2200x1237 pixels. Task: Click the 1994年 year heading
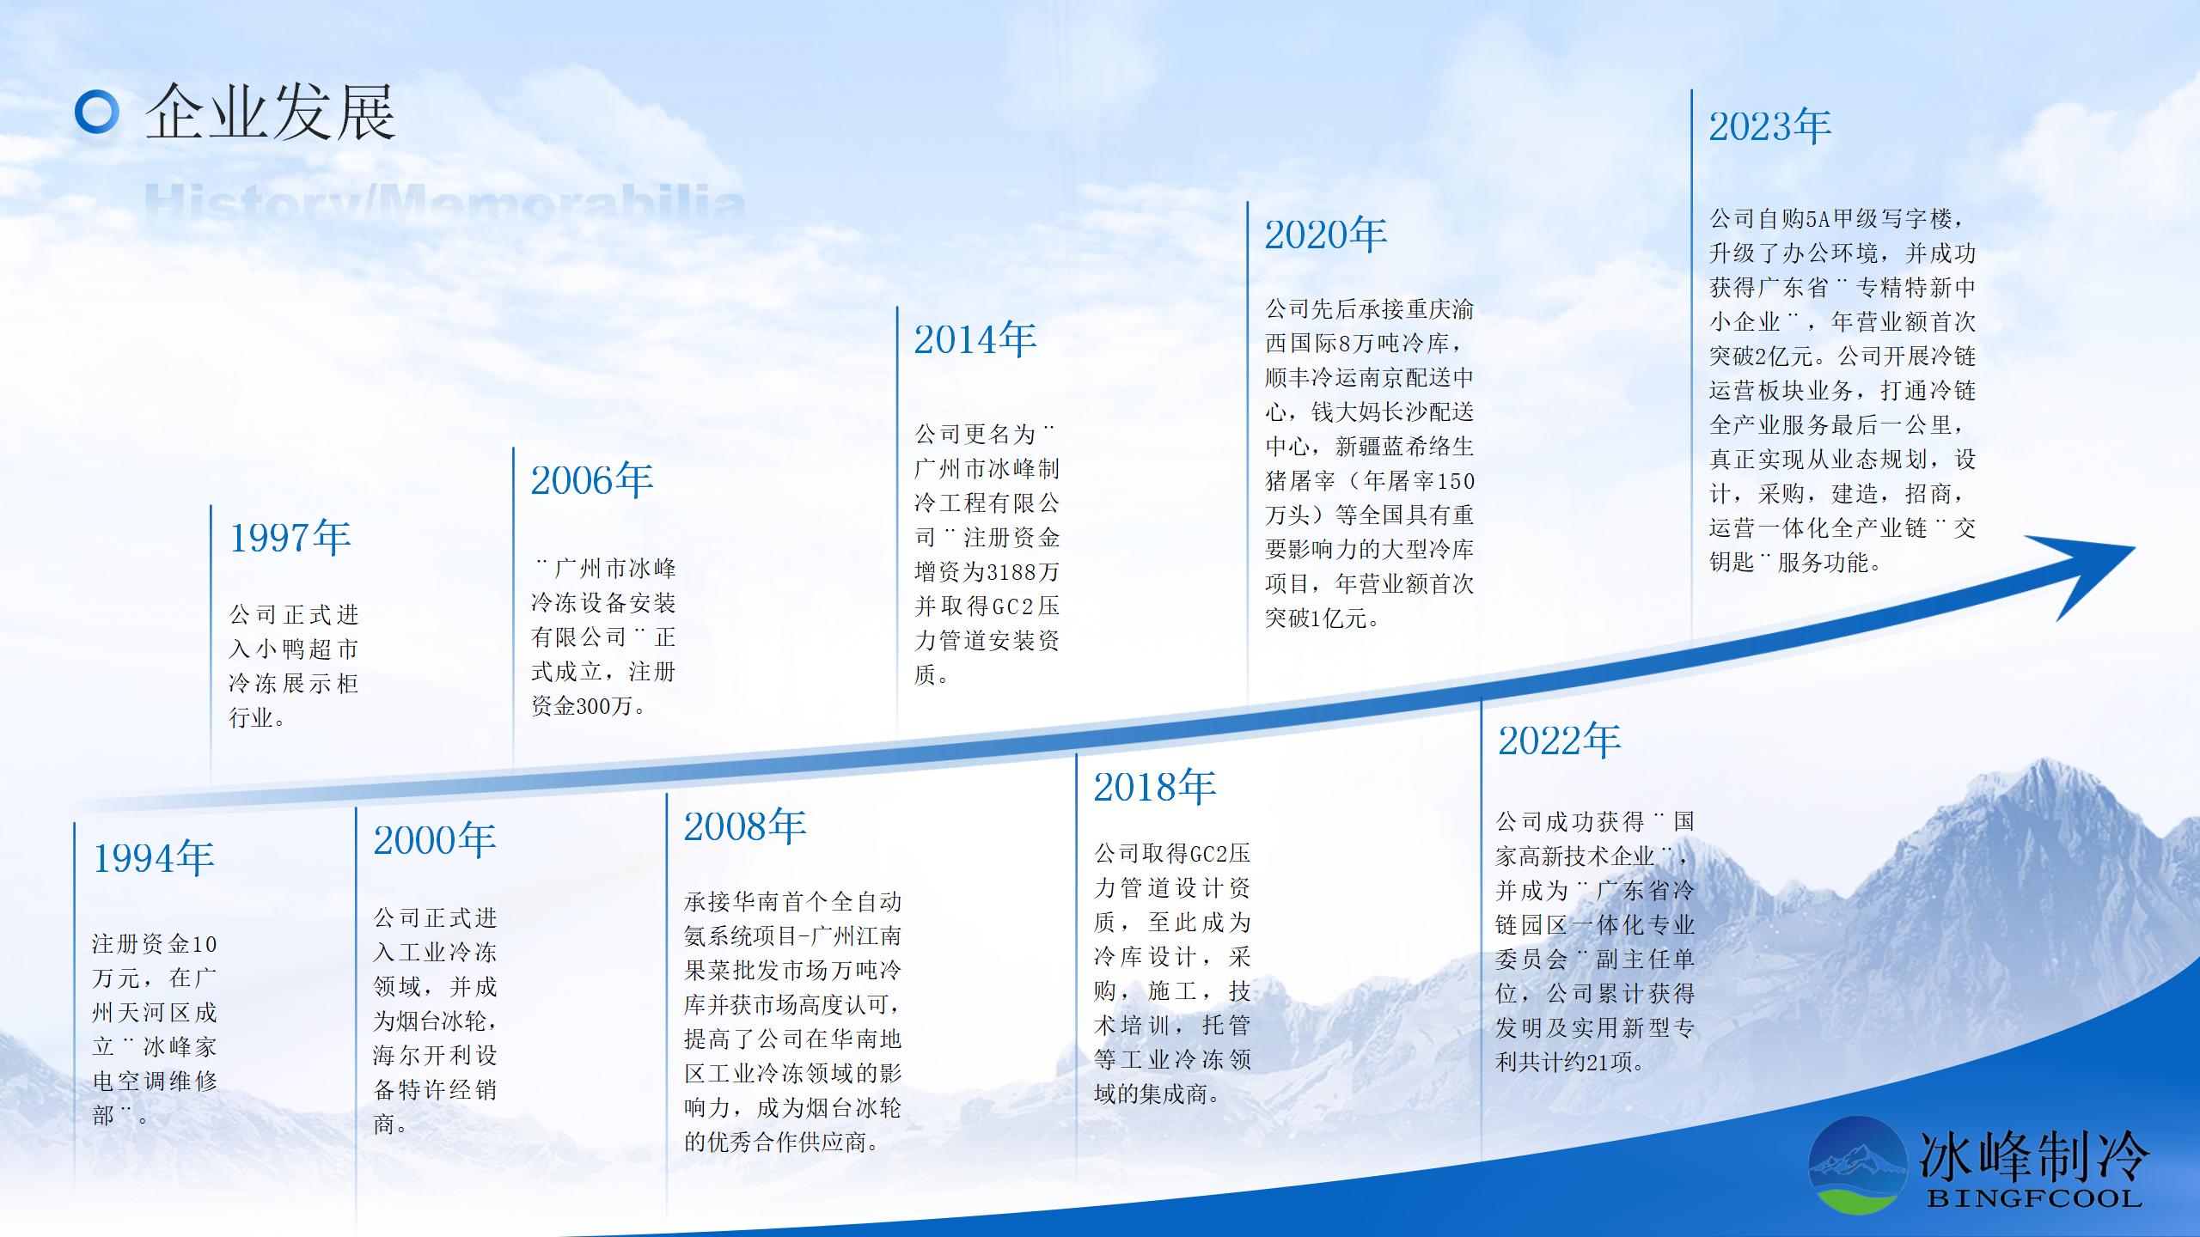[154, 858]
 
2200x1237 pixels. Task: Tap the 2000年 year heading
[435, 840]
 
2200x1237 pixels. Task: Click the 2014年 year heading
[975, 340]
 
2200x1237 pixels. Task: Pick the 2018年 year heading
[1155, 787]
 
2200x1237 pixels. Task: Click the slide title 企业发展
[270, 113]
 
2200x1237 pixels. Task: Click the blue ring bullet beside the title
[96, 113]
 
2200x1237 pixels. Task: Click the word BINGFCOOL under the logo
[2033, 1198]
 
